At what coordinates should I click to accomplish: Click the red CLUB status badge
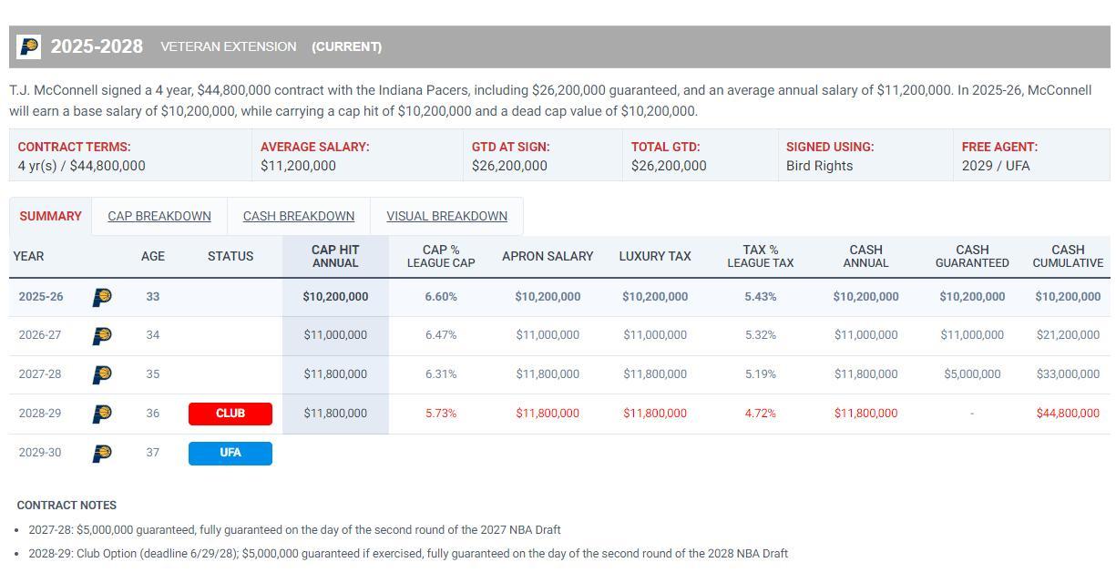pos(230,414)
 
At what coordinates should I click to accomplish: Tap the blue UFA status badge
pos(230,453)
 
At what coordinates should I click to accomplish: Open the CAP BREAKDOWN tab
pos(159,217)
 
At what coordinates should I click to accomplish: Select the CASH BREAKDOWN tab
pos(299,217)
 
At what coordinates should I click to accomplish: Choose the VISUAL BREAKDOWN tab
pos(446,217)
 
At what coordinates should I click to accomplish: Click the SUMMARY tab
pos(50,217)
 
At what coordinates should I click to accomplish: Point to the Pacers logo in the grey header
pos(29,46)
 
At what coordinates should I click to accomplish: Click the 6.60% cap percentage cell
pos(441,297)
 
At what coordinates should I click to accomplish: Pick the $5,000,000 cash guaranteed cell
pos(972,374)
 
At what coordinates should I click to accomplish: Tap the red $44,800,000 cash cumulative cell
pos(1068,414)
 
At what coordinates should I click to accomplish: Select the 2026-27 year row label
pos(40,335)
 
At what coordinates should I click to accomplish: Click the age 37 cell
pos(152,453)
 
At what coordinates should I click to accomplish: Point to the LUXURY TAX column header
pos(655,257)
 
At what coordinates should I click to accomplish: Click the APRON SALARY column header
pos(548,257)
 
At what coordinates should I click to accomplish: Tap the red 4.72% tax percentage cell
pos(760,414)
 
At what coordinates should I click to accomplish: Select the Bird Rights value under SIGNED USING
pos(820,166)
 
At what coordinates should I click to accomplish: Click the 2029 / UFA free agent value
pos(996,166)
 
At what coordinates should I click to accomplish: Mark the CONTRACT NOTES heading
pos(67,506)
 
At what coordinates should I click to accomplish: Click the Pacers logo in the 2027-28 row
pos(102,374)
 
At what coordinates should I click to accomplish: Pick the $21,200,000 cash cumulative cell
pos(1068,335)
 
